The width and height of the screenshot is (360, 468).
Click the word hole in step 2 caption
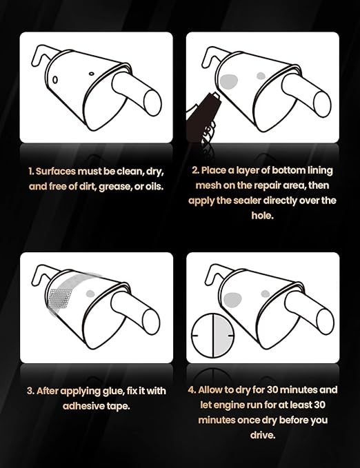pos(263,216)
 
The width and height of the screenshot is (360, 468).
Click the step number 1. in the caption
pos(31,170)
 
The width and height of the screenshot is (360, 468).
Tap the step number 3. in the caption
pos(31,390)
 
